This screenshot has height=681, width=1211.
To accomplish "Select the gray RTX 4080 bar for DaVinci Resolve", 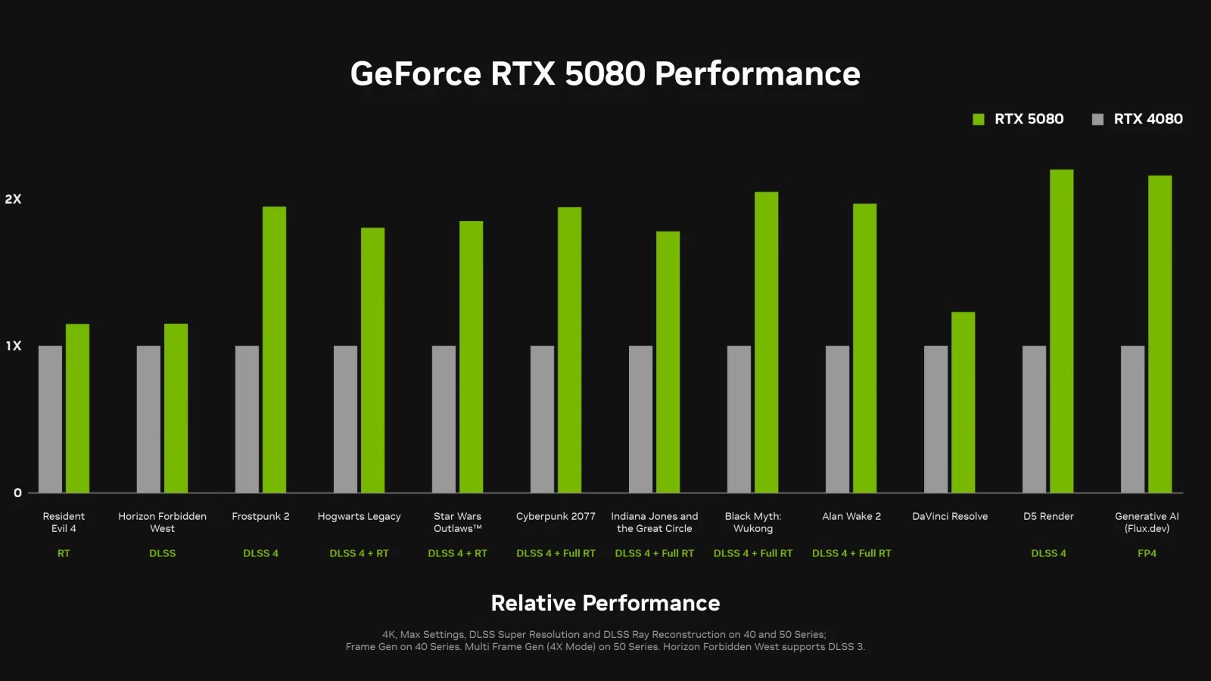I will click(x=935, y=419).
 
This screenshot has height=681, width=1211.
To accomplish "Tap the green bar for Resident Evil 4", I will click(x=77, y=409).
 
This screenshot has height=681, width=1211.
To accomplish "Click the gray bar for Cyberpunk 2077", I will click(x=542, y=419).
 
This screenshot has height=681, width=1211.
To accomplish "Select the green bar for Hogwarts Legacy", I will click(x=372, y=360).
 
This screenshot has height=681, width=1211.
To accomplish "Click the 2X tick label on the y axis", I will click(x=13, y=199).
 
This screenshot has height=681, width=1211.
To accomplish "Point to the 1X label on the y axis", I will click(x=14, y=346).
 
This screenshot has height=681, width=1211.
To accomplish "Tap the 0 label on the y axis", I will click(x=17, y=493).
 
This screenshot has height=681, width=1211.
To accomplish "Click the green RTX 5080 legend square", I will click(x=978, y=120).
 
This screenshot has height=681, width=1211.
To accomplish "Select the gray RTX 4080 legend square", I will click(x=1097, y=120).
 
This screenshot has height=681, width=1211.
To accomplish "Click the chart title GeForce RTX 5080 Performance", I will click(x=605, y=74).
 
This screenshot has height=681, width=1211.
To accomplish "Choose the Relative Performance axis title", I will click(x=605, y=603).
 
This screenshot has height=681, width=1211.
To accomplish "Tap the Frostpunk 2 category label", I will click(x=260, y=516).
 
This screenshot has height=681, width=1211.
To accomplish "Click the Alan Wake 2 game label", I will click(x=851, y=516).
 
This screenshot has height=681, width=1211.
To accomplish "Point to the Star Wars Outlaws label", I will click(x=457, y=522).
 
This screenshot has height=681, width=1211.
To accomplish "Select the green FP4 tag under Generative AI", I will click(x=1147, y=553).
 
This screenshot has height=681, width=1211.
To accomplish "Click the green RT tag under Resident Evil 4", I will click(x=64, y=553).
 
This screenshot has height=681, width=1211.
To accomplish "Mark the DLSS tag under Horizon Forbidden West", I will click(x=162, y=553).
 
